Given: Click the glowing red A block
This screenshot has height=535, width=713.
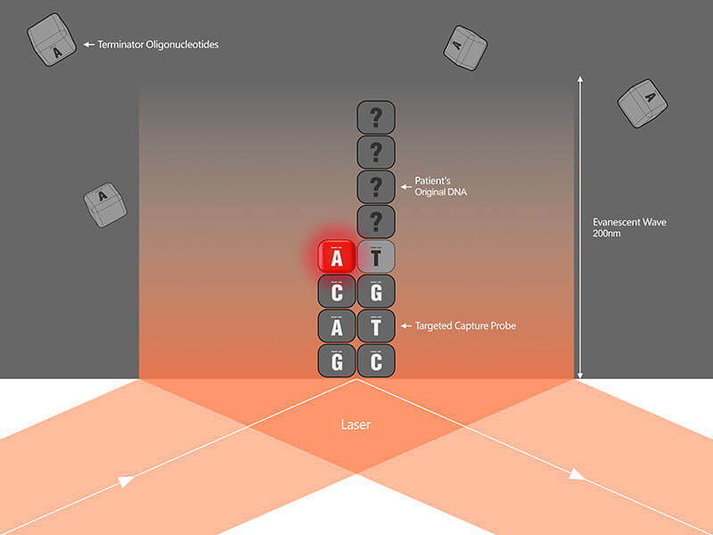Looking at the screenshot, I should click(x=336, y=258).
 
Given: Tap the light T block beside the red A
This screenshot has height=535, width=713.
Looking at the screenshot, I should click(x=376, y=258).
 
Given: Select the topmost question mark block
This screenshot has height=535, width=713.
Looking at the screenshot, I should click(x=376, y=118).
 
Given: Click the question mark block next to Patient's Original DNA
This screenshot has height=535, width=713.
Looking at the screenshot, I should click(x=376, y=187).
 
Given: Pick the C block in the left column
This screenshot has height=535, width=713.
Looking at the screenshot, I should click(x=336, y=292).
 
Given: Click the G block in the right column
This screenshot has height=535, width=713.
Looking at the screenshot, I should click(x=376, y=292).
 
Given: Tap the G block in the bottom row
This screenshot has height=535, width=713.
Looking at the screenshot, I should click(x=336, y=360).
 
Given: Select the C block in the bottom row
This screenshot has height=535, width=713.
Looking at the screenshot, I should click(x=376, y=360).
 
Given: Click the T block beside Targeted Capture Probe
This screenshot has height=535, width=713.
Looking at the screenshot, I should click(x=376, y=326).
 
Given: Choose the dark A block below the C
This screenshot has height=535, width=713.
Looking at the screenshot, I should click(x=336, y=326).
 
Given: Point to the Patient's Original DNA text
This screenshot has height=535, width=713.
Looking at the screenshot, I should click(x=440, y=186).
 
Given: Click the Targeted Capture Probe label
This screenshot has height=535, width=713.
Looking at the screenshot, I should click(x=465, y=326).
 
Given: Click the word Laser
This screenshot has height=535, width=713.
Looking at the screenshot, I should click(x=356, y=425).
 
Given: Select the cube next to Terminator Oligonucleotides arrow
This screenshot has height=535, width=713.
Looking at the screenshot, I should click(x=53, y=40).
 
